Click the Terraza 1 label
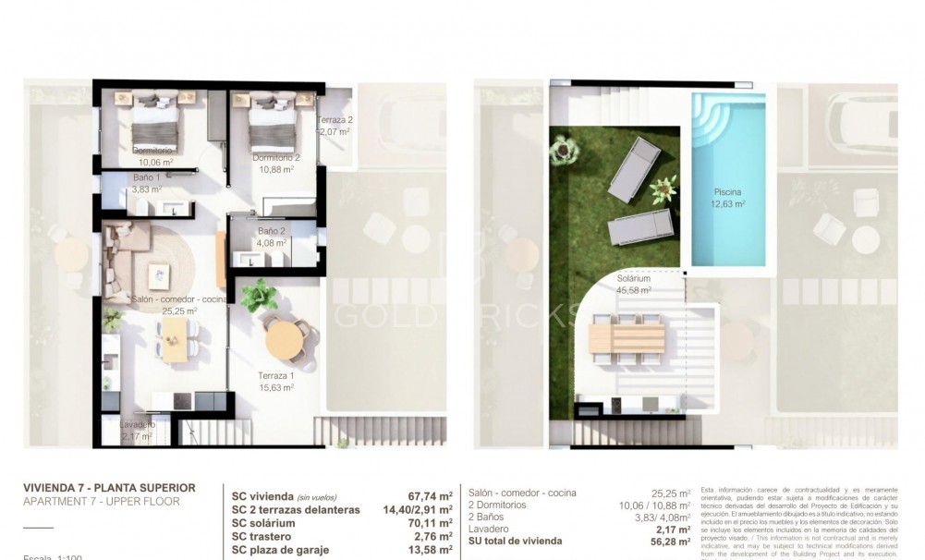pyautogui.click(x=275, y=375)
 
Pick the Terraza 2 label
pyautogui.click(x=335, y=121)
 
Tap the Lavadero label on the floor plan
pyautogui.click(x=138, y=424)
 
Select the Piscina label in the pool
pyautogui.click(x=727, y=192)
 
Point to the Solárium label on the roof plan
pyautogui.click(x=634, y=278)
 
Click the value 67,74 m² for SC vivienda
pyautogui.click(x=429, y=495)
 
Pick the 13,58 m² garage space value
pyautogui.click(x=429, y=550)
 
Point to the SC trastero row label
pyautogui.click(x=265, y=536)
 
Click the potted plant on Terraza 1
pyautogui.click(x=259, y=296)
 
